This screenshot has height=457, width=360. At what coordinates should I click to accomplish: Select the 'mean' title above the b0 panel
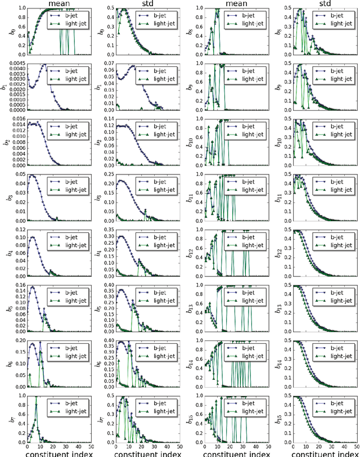click(x=54, y=3)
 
